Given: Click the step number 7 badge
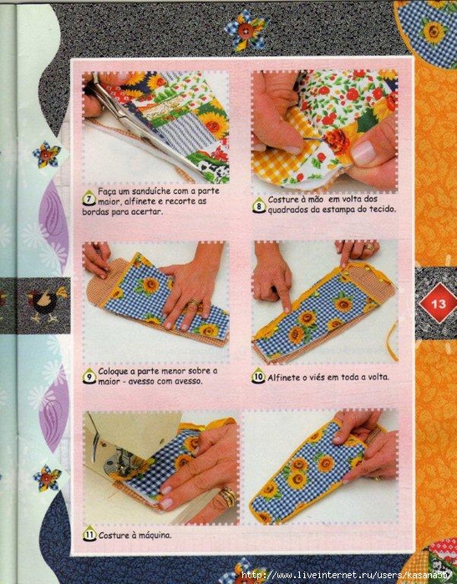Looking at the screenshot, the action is coord(89,197).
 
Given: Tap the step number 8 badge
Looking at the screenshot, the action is coord(259,206).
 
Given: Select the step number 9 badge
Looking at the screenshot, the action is coord(89,376).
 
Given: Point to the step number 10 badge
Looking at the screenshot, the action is coord(259,376).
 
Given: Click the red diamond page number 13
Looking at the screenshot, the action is coord(438,303).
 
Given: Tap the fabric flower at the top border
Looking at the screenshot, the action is coord(245,31).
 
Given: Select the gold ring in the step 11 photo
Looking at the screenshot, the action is coord(227,496).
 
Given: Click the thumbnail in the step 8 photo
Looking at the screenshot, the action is coord(363,153).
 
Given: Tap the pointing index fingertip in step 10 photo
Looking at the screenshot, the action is coord(286,307).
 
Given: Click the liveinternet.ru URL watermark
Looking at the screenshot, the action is coord(347,574).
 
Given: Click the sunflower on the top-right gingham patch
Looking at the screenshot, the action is coord(433,32).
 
